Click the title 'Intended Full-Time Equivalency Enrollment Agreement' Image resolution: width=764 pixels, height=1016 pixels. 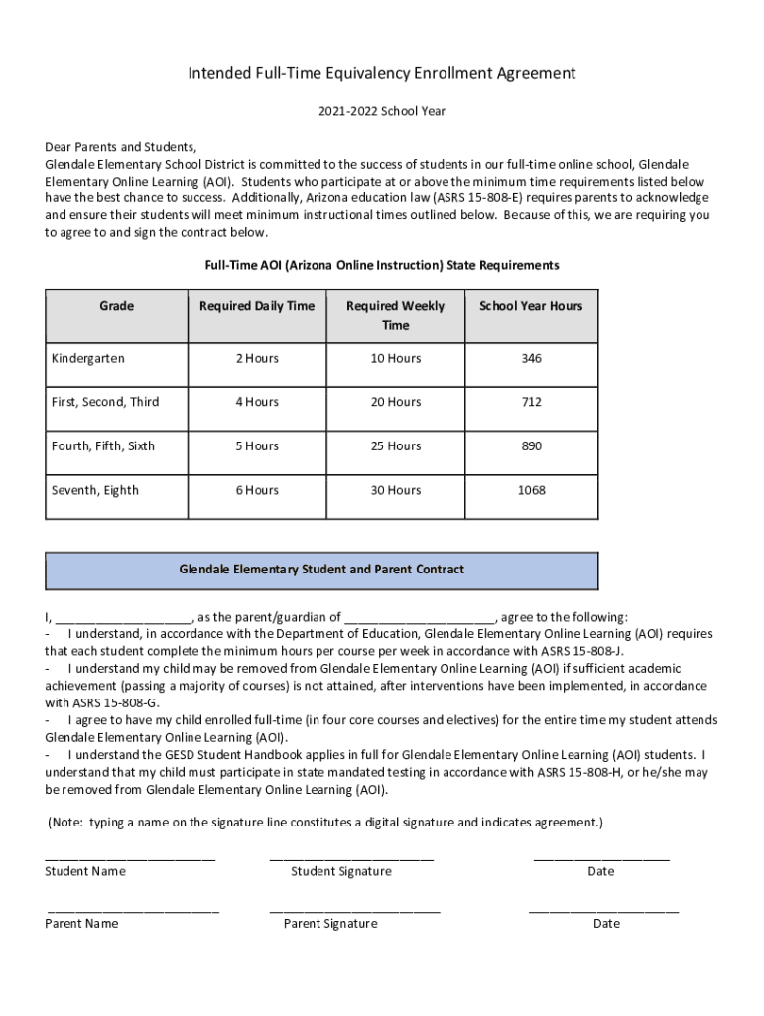click(382, 73)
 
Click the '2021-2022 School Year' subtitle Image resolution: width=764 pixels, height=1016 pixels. click(382, 111)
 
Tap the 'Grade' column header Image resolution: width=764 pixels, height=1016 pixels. click(116, 306)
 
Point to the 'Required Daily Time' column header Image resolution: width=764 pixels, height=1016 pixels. click(256, 306)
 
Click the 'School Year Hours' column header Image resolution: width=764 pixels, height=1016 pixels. click(531, 306)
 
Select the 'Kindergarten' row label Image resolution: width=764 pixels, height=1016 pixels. click(88, 358)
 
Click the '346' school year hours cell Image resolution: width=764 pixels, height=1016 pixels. click(531, 358)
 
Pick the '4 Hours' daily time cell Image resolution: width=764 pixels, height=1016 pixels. click(256, 402)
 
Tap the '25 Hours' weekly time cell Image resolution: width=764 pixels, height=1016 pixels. click(395, 446)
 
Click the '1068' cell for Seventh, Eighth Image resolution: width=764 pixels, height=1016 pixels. click(531, 490)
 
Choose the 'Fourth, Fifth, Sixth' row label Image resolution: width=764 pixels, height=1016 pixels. click(103, 446)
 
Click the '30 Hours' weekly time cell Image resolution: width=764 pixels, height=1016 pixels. click(395, 490)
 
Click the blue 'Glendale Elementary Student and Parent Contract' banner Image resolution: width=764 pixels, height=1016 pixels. click(321, 571)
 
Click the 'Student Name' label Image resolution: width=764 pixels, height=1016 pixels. click(85, 871)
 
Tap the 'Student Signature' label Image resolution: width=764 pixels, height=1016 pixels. click(340, 871)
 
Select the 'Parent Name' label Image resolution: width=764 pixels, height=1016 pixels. click(81, 924)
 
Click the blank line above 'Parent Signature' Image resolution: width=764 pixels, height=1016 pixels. click(354, 907)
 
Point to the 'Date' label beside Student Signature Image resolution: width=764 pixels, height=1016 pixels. click(600, 871)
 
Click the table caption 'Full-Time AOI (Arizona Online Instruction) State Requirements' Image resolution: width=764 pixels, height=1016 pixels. click(382, 266)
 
